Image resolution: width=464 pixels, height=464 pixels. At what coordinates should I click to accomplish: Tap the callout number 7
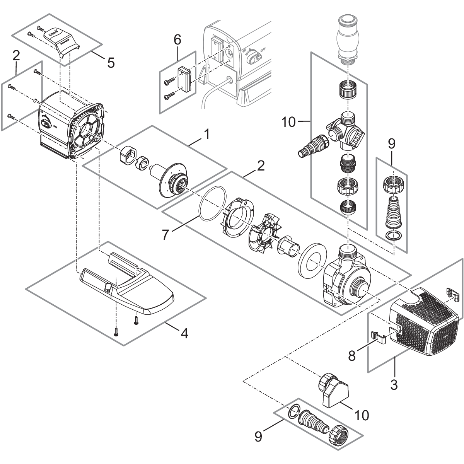point(165,234)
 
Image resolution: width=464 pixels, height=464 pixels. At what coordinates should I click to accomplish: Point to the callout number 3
point(393,384)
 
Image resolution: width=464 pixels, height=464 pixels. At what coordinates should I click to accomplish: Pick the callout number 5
point(111,62)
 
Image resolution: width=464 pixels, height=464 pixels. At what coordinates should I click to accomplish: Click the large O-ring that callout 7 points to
point(212,204)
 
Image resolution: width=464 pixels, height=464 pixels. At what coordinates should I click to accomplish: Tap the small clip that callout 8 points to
point(379,336)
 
